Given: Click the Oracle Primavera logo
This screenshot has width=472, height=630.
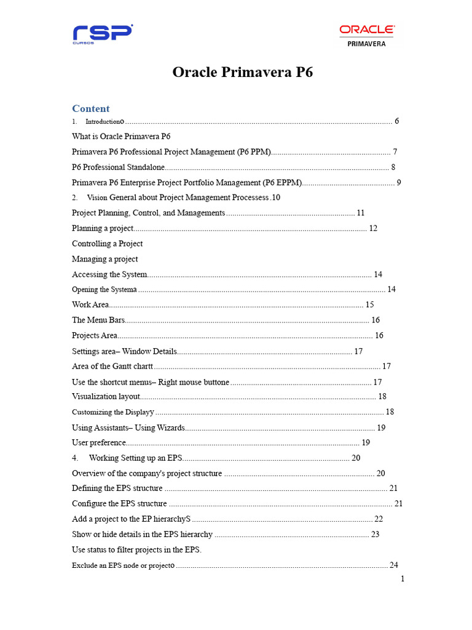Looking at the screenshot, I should [367, 35].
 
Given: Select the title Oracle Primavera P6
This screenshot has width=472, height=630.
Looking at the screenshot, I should [243, 72].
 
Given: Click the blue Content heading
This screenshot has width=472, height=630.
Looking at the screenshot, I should [91, 108].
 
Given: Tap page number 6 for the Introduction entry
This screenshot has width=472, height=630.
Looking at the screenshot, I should [396, 121].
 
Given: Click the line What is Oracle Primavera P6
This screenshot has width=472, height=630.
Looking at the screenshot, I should [121, 137].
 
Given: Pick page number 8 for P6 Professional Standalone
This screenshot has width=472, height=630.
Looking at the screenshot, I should [393, 167].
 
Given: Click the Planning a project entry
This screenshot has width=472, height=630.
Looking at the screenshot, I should [103, 228].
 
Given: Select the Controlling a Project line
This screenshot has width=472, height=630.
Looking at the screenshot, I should [107, 244].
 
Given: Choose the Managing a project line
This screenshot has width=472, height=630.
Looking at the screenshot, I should [104, 259].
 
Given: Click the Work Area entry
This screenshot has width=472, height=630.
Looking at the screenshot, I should [90, 305].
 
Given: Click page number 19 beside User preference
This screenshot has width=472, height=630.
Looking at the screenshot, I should [366, 443].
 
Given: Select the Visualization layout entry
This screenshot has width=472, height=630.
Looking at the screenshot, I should [106, 397].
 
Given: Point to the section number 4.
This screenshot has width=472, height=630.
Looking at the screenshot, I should [75, 458].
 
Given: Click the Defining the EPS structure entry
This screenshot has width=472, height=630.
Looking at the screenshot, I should [117, 488].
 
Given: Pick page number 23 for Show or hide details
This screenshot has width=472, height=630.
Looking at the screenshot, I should [375, 535].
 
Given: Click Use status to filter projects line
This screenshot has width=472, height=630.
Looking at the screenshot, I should [136, 550].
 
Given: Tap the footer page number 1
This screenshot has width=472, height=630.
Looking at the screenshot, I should [403, 579].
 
